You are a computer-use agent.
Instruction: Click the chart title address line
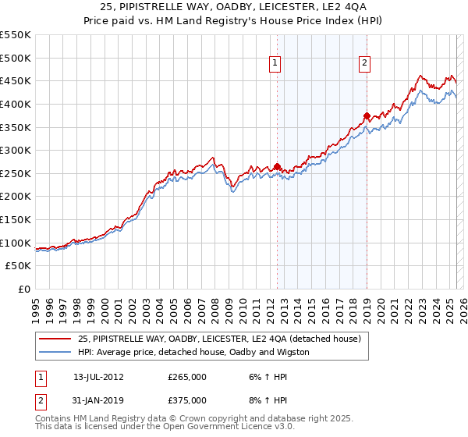(x=234, y=7)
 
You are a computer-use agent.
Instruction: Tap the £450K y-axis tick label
(x=16, y=81)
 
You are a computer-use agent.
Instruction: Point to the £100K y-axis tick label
(x=16, y=243)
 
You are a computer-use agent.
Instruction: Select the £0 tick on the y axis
(x=24, y=289)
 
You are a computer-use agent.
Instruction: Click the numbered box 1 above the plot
(x=276, y=65)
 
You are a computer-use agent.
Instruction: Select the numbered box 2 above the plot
(x=364, y=65)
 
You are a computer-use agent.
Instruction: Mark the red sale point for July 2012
(x=277, y=166)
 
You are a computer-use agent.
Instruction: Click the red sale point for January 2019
(x=367, y=115)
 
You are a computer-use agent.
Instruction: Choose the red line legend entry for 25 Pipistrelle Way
(x=219, y=339)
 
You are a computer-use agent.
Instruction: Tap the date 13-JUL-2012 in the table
(x=98, y=376)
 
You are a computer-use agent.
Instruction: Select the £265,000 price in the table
(x=187, y=376)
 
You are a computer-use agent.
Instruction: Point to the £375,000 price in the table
(x=187, y=400)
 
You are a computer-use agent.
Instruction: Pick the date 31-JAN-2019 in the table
(x=98, y=400)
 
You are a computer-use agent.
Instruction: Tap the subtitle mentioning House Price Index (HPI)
(x=234, y=21)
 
